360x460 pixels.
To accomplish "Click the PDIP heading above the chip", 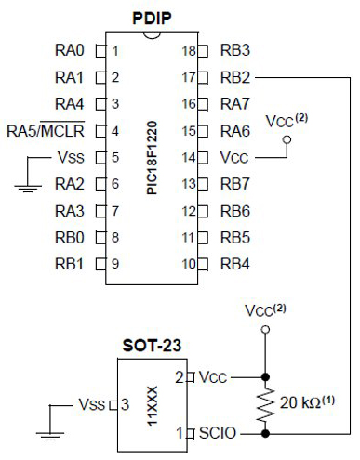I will click(x=152, y=16).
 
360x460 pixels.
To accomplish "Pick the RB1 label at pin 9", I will click(x=71, y=264).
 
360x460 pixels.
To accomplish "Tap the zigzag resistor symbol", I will click(x=267, y=405).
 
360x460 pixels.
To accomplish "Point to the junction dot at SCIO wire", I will click(x=267, y=432).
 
